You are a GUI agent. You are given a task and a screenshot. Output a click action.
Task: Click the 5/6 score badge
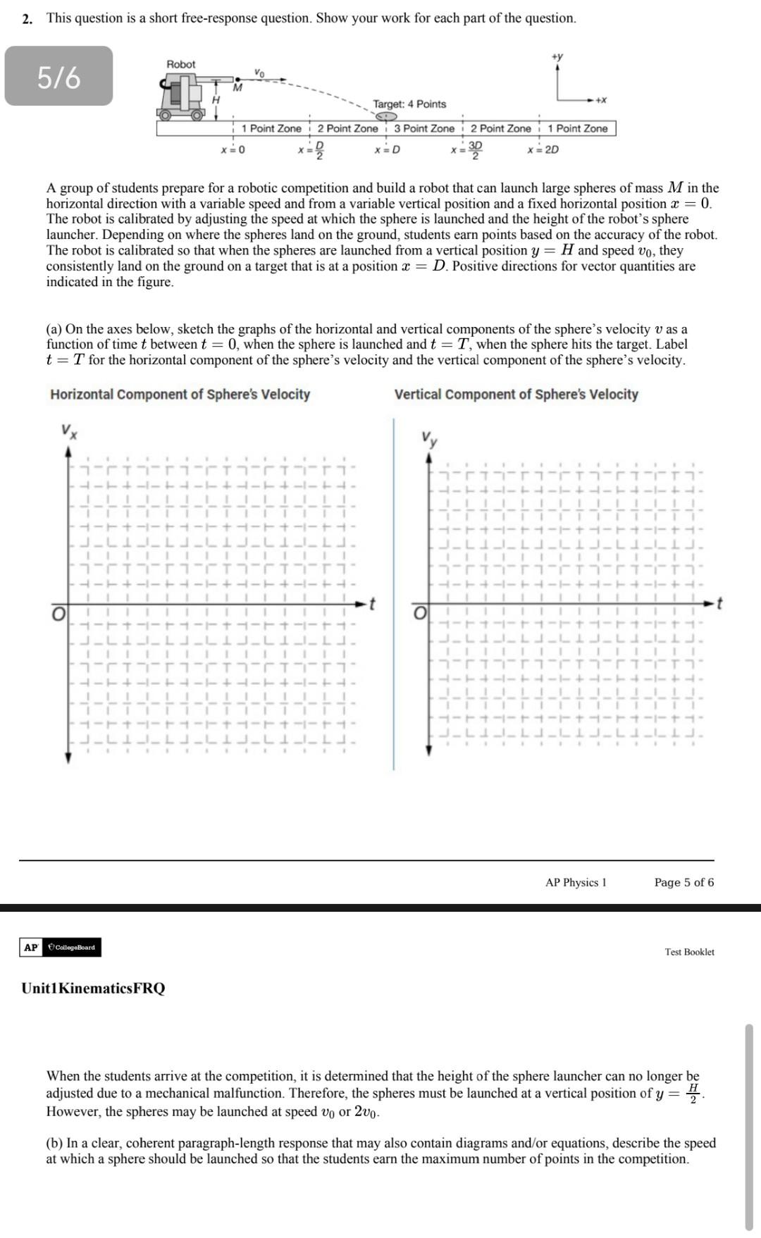[58, 77]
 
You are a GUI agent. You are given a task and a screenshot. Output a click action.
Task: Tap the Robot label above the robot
[180, 64]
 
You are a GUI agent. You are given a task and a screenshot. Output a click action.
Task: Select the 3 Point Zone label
[423, 128]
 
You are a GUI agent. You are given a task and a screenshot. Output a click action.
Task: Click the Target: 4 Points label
[409, 104]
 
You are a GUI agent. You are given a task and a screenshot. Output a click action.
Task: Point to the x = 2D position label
[543, 149]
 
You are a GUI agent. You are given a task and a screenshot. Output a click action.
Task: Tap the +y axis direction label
[557, 56]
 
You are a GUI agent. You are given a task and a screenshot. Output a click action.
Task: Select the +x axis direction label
[600, 100]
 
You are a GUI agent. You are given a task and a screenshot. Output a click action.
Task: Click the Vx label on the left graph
[68, 431]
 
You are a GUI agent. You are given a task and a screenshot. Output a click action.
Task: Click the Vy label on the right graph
[429, 439]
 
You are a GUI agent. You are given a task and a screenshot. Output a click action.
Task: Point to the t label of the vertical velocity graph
[719, 603]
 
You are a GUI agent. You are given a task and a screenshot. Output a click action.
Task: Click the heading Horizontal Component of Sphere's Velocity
[180, 395]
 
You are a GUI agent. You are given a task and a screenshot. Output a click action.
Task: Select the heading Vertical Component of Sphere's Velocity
[516, 395]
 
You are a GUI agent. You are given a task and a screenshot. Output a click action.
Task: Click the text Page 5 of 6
[683, 882]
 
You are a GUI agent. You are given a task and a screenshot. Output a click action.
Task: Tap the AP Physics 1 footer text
[575, 882]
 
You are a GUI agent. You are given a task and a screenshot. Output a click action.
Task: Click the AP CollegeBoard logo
[60, 947]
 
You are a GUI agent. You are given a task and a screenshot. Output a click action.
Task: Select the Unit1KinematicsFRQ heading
[93, 988]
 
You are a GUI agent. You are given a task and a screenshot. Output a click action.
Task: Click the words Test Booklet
[689, 952]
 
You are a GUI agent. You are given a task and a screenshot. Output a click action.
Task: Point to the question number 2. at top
[27, 19]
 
